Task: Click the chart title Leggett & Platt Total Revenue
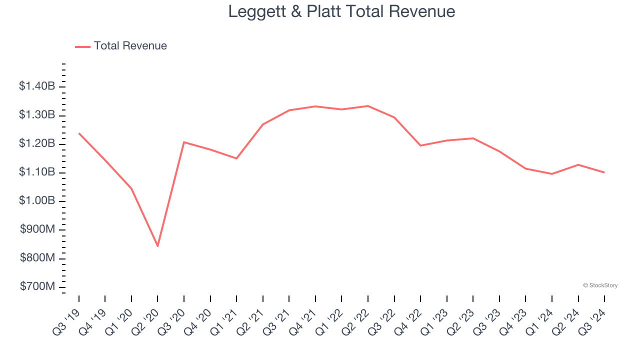[341, 11]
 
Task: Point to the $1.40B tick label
[37, 86]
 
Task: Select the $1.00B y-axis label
[37, 201]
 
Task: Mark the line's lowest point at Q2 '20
[157, 246]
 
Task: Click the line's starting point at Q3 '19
[79, 133]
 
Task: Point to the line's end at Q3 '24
[604, 172]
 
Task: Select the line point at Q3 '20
[184, 142]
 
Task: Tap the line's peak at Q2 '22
[368, 106]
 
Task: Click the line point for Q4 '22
[420, 145]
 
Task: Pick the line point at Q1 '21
[236, 158]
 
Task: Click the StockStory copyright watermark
[600, 285]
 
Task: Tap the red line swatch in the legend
[82, 46]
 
